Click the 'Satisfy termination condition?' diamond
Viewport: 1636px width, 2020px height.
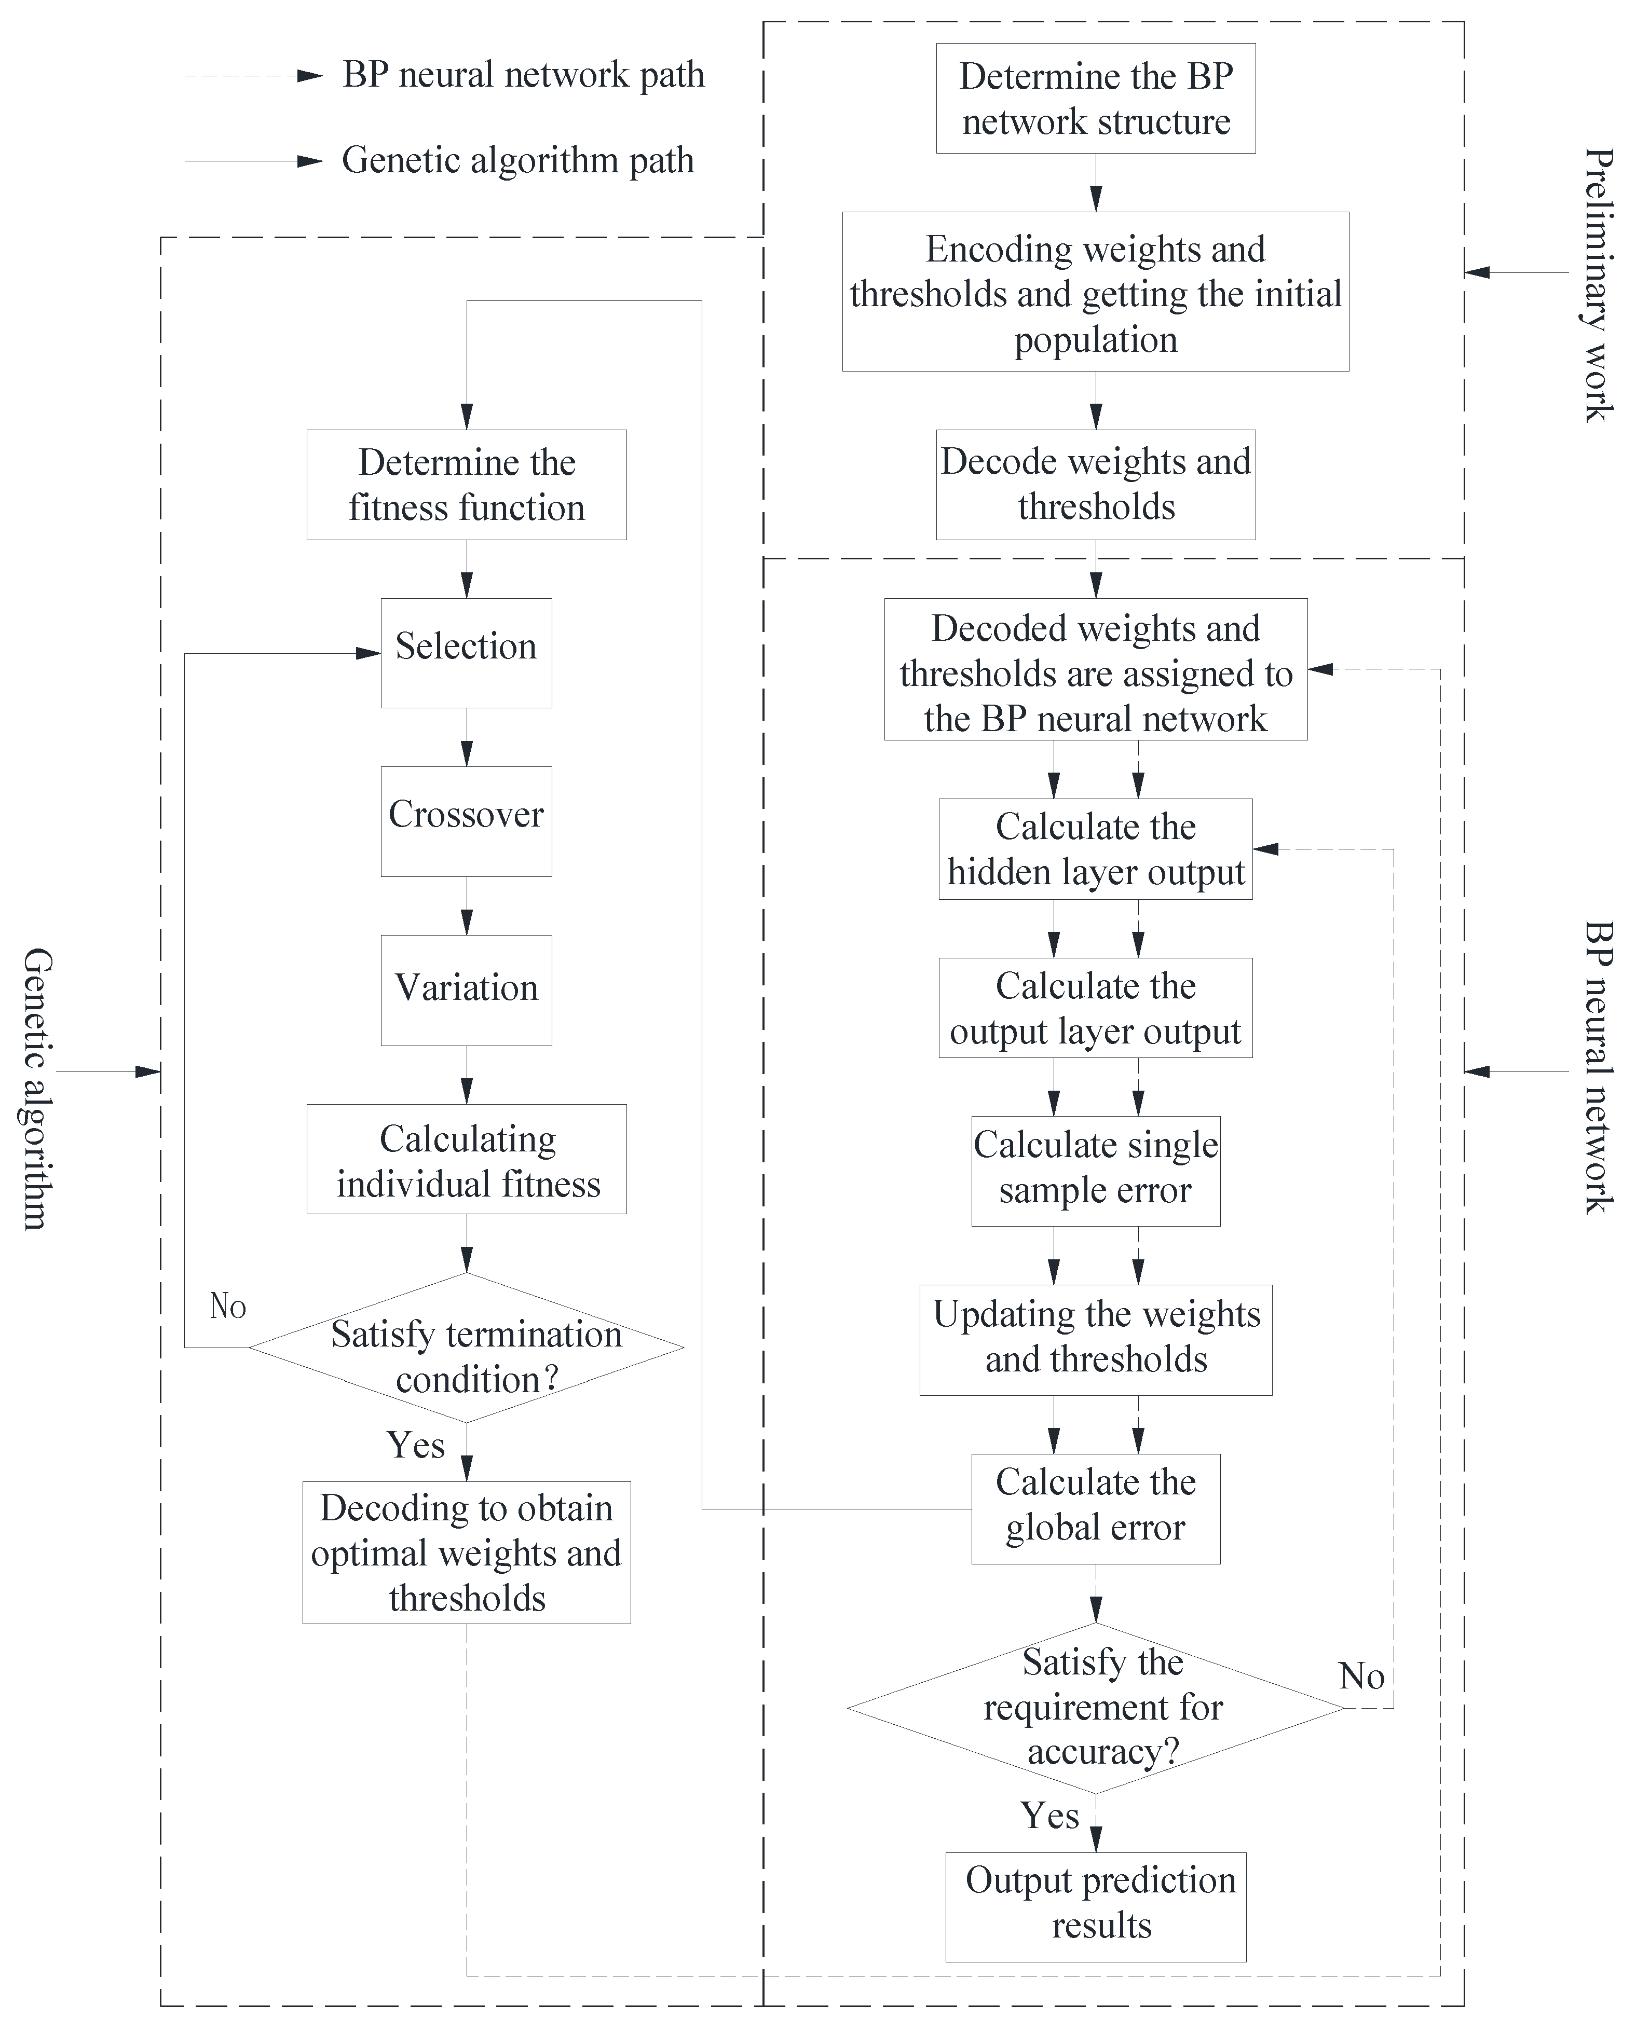coord(467,1348)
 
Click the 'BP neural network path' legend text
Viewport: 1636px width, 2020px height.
coord(523,75)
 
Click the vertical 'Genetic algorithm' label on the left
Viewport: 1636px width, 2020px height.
coord(36,1088)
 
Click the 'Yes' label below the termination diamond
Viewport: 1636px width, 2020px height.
coord(416,1445)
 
